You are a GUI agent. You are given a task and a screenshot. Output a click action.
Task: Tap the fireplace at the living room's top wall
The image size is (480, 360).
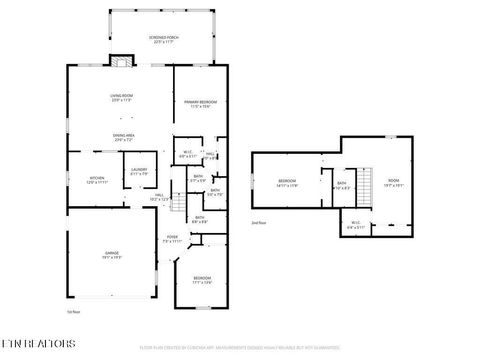[122, 62]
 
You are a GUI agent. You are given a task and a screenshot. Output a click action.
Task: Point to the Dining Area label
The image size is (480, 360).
[124, 137]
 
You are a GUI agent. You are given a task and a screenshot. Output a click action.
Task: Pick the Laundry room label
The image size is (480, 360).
[139, 172]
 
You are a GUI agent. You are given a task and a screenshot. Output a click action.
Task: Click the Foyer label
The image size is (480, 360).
[172, 239]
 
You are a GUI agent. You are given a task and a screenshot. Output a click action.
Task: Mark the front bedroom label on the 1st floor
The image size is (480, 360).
[203, 280]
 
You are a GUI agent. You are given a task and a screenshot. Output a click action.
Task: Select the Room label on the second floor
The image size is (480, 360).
[393, 183]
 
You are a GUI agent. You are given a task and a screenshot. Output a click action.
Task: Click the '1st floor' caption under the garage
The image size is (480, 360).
[71, 313]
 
